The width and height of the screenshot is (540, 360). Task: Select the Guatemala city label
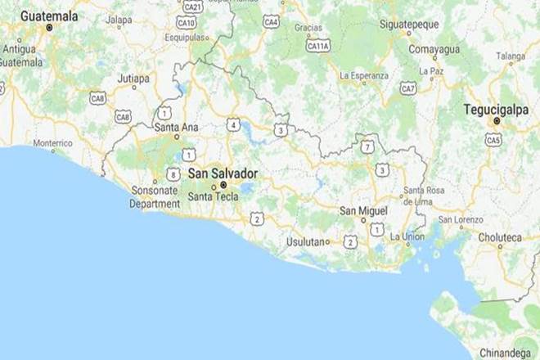click(x=49, y=16)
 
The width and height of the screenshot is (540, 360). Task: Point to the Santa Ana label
click(x=175, y=127)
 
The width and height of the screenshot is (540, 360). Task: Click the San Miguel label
click(x=364, y=211)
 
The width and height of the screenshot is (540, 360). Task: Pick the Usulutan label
click(x=306, y=241)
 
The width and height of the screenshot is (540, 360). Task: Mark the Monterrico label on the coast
click(x=52, y=143)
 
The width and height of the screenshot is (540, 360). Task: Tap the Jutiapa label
click(x=133, y=79)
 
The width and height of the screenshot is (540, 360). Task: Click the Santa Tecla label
click(x=211, y=197)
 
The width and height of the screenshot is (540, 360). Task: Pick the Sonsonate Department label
click(x=155, y=197)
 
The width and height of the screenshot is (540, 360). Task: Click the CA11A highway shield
click(x=317, y=46)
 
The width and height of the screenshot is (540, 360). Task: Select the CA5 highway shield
click(x=493, y=140)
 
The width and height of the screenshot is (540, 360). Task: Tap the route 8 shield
click(x=173, y=174)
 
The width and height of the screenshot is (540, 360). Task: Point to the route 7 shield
click(x=368, y=146)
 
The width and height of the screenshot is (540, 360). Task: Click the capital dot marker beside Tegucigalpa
click(x=496, y=121)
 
